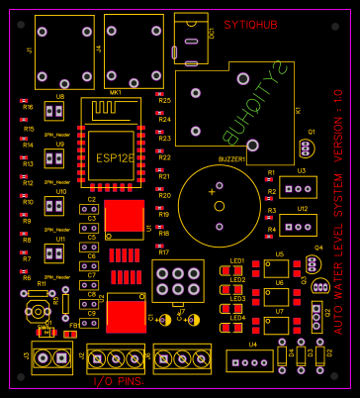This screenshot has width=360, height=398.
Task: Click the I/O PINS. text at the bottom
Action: click(117, 381)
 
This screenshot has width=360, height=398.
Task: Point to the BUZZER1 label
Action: click(231, 158)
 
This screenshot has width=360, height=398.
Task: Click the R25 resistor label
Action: click(164, 101)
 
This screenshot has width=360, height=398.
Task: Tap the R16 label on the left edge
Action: click(28, 107)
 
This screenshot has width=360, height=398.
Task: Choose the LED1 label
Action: click(236, 262)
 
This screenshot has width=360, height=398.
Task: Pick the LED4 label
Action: click(237, 317)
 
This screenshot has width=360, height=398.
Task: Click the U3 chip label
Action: click(301, 170)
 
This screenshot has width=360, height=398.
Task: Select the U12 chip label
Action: click(302, 209)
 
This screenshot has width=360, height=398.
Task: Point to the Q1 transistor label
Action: click(312, 132)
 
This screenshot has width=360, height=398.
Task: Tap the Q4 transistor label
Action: click(318, 247)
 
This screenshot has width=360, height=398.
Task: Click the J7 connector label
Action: click(181, 312)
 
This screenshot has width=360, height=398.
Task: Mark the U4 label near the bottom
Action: click(253, 345)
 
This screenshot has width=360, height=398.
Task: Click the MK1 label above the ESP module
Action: click(116, 92)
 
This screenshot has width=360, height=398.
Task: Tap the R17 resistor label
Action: click(164, 252)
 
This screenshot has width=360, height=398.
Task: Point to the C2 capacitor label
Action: click(91, 200)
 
